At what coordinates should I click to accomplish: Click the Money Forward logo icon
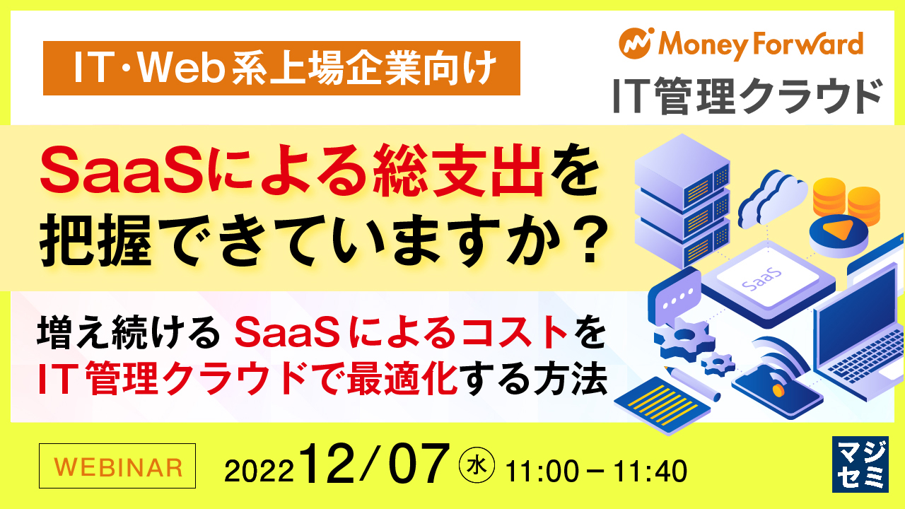click(636, 44)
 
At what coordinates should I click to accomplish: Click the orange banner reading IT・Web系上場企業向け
click(281, 69)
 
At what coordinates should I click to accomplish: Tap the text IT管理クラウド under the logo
click(748, 96)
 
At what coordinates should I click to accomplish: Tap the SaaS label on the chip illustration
click(761, 280)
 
